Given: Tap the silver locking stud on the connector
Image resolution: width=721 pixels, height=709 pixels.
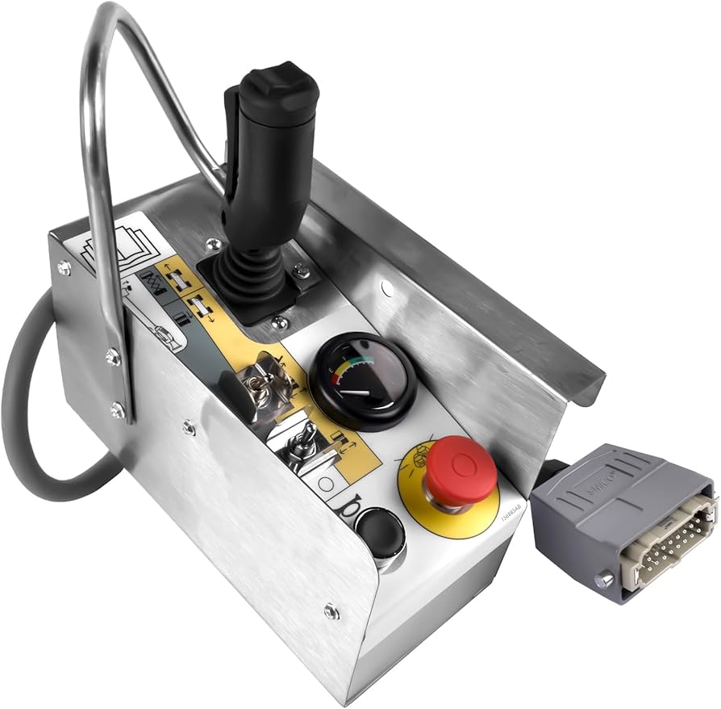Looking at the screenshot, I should click(602, 581).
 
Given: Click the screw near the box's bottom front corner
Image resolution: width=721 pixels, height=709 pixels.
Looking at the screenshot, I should click(331, 611).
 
